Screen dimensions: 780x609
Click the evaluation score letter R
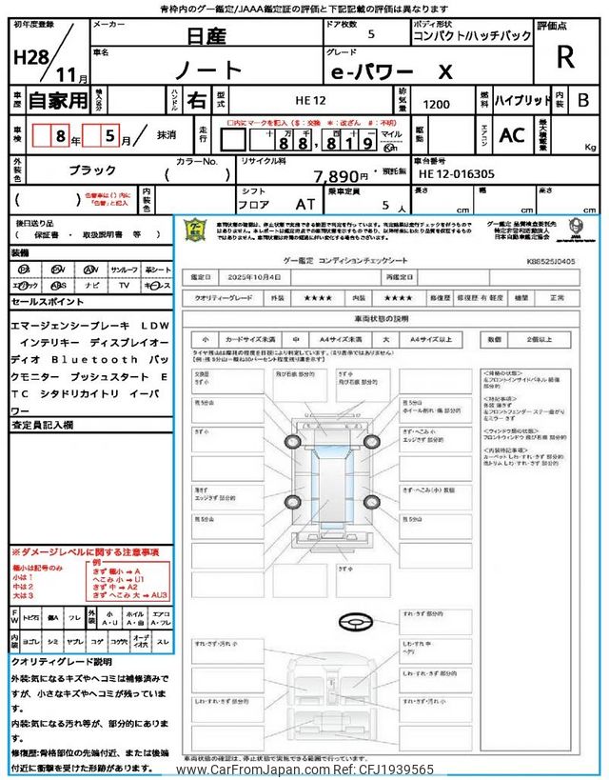[x=565, y=57]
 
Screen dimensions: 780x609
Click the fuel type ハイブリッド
[x=521, y=99]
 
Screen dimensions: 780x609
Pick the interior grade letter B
[x=583, y=99]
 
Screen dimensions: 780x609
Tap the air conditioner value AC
[x=512, y=135]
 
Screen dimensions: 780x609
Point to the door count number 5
[x=370, y=34]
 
